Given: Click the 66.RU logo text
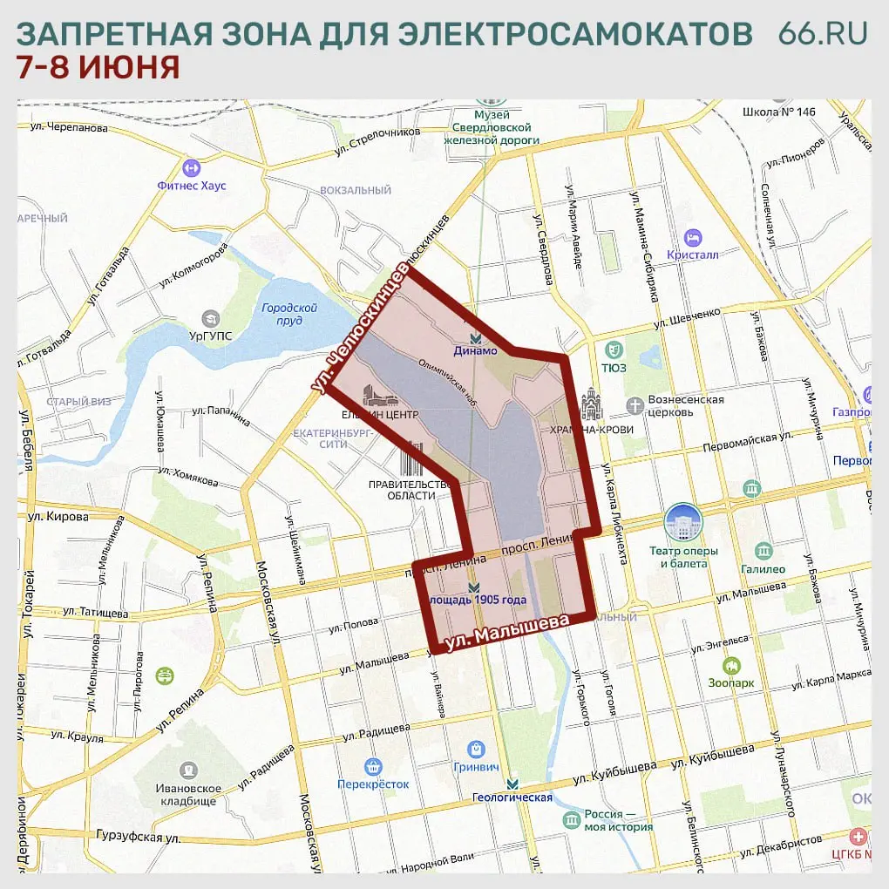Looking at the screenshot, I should (823, 32).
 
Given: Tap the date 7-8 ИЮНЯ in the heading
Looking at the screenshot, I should (98, 67).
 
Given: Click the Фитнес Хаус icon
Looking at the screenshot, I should (191, 167).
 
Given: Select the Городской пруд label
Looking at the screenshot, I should (288, 314).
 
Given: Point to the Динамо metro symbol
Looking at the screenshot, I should (475, 337).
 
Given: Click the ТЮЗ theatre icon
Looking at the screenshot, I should (614, 349).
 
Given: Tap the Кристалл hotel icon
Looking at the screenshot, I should (693, 237).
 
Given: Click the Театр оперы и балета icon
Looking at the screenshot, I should (682, 522).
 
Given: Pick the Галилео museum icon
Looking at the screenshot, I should (763, 551).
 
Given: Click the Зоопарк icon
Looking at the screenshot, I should (730, 665).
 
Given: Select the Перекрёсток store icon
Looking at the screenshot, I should (373, 767).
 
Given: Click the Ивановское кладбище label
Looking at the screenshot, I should (189, 794).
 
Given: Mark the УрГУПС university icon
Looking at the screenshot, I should (210, 319).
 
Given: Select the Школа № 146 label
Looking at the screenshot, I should (778, 112).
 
